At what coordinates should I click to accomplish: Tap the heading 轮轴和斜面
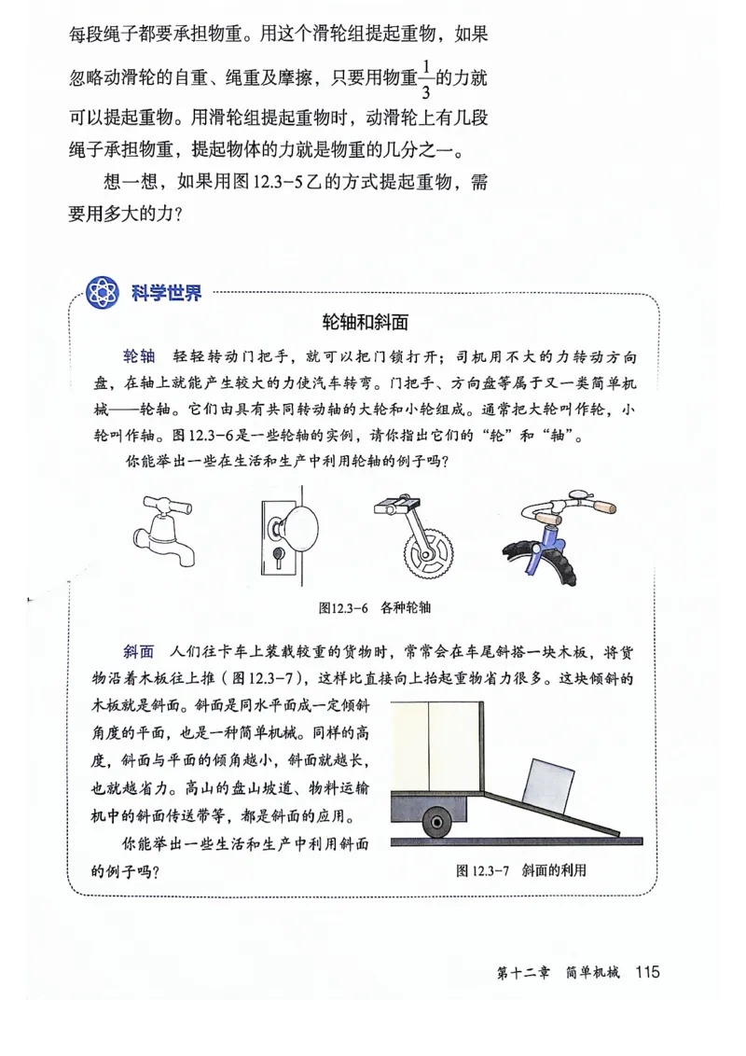365,323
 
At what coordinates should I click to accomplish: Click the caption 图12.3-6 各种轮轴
374,607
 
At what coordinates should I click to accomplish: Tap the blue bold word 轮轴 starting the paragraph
138,357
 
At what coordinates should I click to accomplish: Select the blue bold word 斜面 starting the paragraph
138,651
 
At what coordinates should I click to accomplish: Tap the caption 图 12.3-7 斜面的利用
521,870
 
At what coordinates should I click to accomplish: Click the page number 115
646,972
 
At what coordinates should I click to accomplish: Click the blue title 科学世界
166,294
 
